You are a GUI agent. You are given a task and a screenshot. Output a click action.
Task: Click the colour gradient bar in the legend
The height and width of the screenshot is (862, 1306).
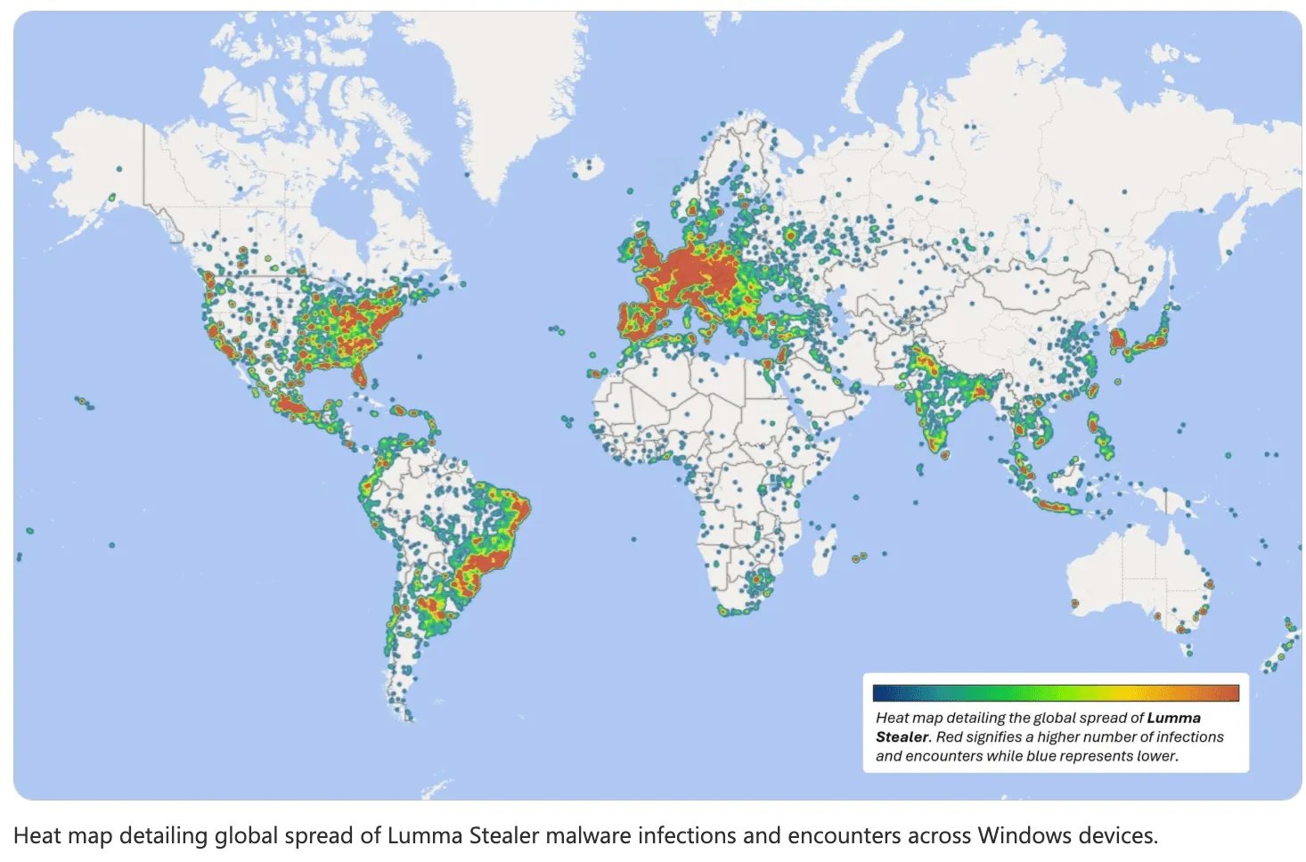(1056, 693)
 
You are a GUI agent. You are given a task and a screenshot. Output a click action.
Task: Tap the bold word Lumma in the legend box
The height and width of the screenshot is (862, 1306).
(1173, 718)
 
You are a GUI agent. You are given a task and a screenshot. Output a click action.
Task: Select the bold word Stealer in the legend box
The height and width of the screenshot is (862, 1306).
(902, 737)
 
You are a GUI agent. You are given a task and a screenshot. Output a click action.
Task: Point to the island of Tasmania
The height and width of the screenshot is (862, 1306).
(1188, 651)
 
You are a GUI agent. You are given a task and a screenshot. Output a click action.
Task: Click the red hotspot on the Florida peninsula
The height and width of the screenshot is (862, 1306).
(358, 374)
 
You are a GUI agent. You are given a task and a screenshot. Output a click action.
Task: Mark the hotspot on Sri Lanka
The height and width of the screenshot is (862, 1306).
(944, 454)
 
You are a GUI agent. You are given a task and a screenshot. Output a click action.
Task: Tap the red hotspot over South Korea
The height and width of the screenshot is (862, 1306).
(1117, 339)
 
